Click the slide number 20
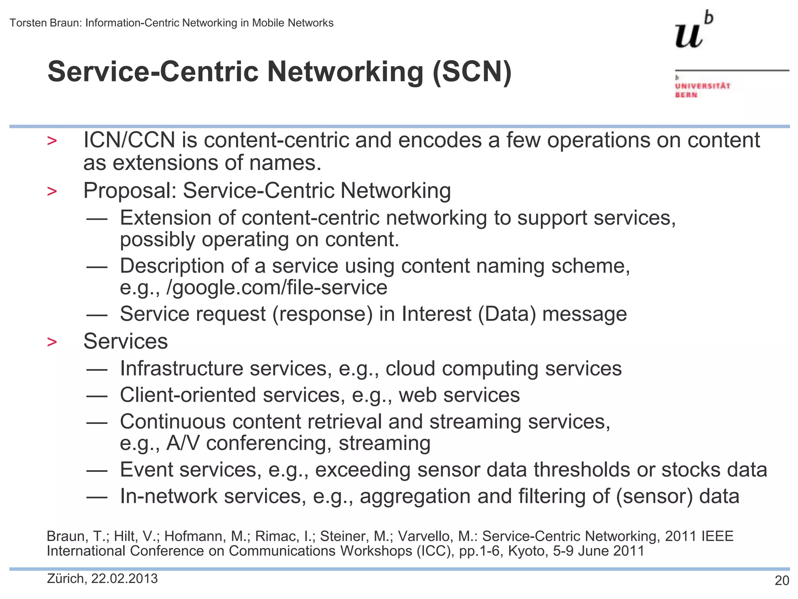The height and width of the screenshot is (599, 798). [782, 581]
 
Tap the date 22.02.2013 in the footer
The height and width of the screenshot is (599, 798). [124, 578]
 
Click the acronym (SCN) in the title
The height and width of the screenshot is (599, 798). [472, 72]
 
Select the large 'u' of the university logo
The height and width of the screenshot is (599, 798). [689, 35]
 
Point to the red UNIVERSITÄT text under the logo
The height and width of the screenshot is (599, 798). [703, 86]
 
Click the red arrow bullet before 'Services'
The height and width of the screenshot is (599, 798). [52, 342]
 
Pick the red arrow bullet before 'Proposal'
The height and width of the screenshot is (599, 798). [52, 191]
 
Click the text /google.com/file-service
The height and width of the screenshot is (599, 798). [277, 288]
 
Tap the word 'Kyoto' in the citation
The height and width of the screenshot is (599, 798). [527, 551]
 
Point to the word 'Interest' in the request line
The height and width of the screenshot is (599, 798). [436, 314]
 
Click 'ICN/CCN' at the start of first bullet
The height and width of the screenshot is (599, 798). [129, 140]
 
